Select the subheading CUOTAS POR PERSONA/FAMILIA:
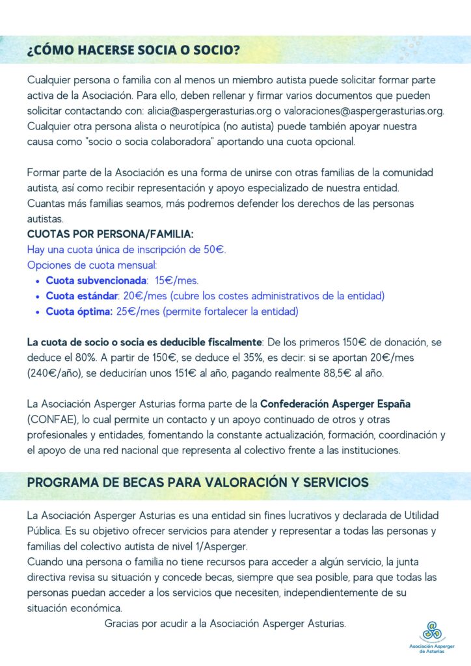(111, 234)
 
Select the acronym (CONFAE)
(53, 420)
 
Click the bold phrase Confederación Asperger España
(335, 405)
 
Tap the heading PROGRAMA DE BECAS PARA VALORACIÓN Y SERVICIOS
(198, 483)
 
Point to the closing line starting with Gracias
(224, 624)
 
